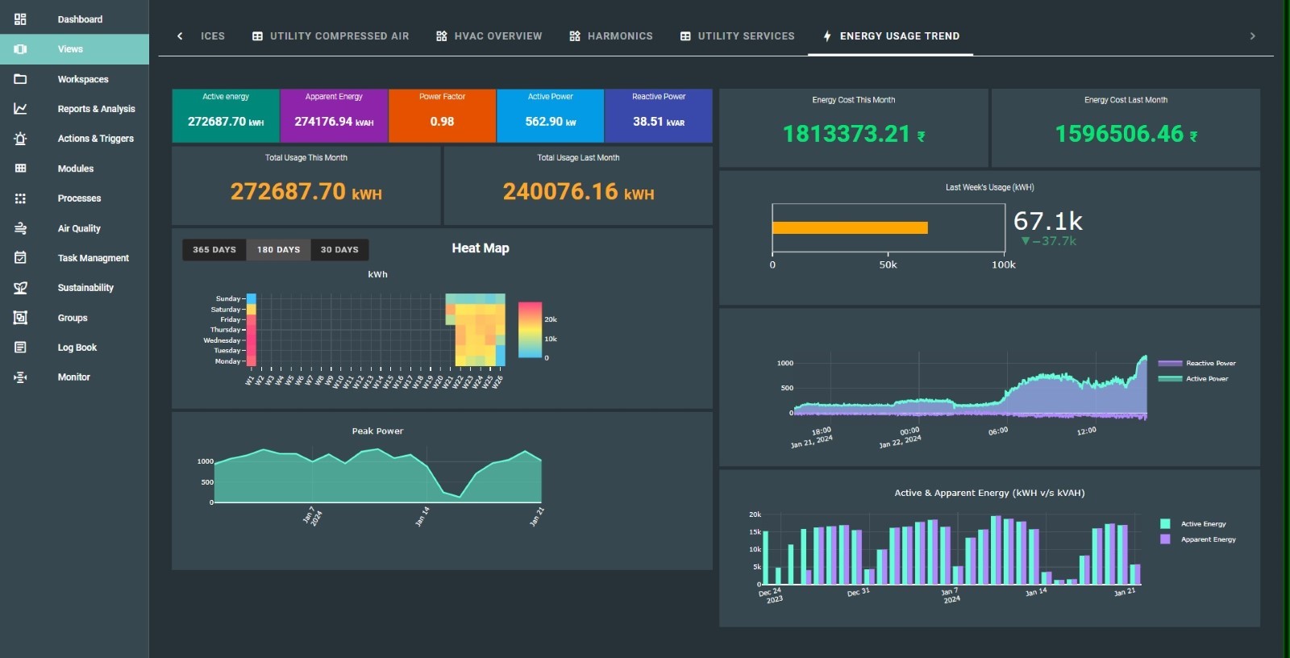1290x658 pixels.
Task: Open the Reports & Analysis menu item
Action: coord(95,109)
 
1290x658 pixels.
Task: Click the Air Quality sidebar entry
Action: coord(78,228)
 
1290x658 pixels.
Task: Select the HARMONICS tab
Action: coord(611,36)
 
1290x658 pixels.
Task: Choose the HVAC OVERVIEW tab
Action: coord(489,36)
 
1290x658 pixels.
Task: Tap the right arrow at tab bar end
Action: coord(1252,36)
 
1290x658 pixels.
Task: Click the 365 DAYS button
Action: coord(214,250)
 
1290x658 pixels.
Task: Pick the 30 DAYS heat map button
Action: coord(339,250)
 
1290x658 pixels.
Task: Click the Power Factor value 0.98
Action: coord(442,122)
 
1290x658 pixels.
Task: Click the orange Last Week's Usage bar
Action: coord(850,228)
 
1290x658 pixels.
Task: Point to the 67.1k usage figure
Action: coord(1047,221)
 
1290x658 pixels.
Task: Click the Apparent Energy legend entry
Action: coord(1207,539)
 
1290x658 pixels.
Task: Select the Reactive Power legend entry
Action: coord(1209,364)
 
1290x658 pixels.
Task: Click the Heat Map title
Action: coord(481,248)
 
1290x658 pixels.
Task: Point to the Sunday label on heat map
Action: coord(228,298)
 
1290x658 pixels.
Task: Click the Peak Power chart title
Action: coord(377,431)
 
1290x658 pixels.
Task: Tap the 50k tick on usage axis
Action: coord(888,264)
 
